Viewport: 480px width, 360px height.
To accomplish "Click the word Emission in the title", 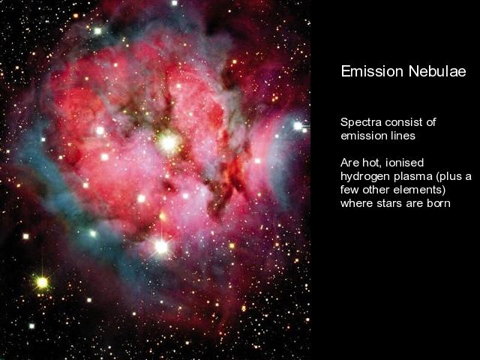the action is (372, 71).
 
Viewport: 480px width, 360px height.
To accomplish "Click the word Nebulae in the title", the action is (437, 71).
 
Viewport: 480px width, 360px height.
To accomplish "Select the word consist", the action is (403, 122).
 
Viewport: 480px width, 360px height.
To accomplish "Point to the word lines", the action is (403, 136).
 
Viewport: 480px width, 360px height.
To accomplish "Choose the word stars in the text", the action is (390, 203).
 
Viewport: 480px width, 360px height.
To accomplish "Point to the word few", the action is (350, 190).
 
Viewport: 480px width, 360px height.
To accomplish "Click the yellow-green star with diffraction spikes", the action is (42, 282).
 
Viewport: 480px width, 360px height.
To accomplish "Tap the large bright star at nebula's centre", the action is (169, 142).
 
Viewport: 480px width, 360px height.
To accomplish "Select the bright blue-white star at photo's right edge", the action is (298, 125).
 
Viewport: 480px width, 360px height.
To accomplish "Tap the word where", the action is (357, 203).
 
